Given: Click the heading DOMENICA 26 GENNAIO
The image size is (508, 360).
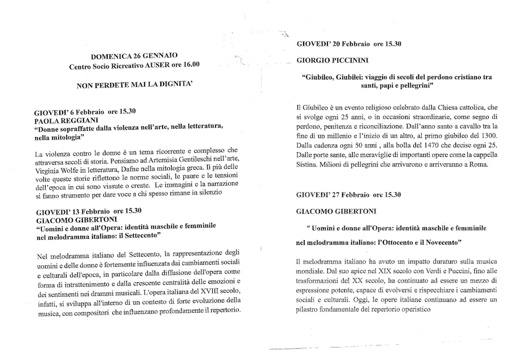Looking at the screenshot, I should [134, 55].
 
